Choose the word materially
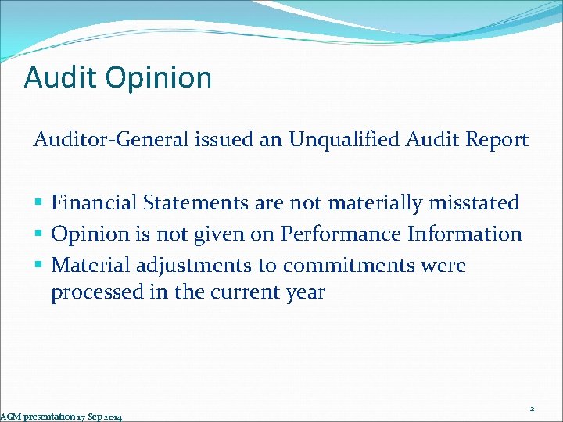point(366,203)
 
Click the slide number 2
point(532,408)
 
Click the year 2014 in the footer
point(111,417)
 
